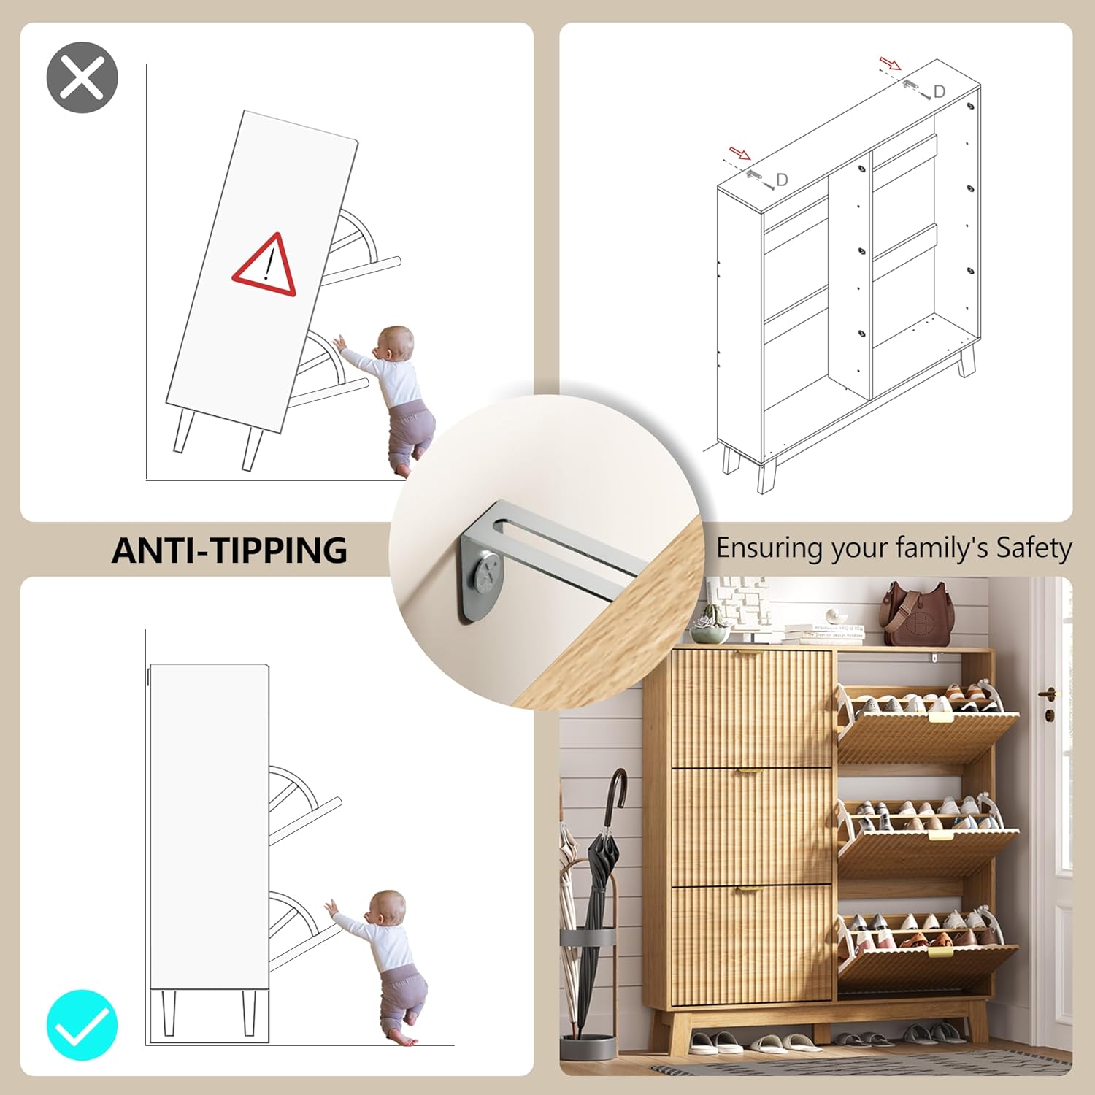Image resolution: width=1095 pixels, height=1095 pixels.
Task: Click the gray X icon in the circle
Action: [x=82, y=77]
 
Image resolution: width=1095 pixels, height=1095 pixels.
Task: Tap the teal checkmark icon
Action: [x=82, y=1025]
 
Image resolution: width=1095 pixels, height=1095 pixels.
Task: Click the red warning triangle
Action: [x=265, y=264]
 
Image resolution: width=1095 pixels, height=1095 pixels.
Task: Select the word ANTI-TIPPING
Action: [x=229, y=550]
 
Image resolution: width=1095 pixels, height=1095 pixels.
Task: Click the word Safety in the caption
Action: [x=1034, y=547]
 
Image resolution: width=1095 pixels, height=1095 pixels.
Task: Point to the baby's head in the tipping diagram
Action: [x=395, y=344]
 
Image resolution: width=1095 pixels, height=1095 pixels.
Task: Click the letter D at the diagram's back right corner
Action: [x=940, y=91]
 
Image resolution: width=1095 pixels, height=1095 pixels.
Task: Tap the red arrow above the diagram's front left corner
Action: [x=740, y=153]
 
